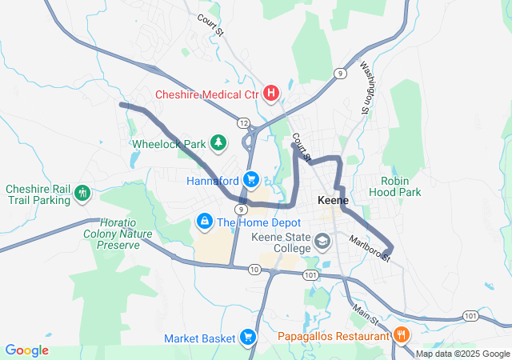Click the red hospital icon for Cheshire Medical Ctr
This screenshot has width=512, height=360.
[271, 94]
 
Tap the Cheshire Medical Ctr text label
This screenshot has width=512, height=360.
[207, 94]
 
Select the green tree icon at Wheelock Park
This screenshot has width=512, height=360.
[218, 143]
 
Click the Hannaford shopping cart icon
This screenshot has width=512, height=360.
[251, 179]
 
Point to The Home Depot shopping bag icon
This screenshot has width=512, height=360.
[205, 220]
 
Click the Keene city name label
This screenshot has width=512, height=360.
[333, 200]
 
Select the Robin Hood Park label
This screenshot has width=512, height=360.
[400, 186]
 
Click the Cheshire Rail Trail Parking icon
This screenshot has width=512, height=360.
[82, 194]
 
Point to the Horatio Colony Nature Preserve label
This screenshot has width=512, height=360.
[113, 234]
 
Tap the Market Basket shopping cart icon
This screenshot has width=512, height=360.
[248, 338]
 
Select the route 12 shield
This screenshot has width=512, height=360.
[242, 122]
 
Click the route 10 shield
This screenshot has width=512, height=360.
[254, 270]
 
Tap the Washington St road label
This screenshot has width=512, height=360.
[369, 87]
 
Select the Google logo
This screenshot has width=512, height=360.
[27, 350]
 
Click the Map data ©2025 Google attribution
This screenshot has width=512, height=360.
[462, 354]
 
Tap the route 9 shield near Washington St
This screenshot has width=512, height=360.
[341, 73]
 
